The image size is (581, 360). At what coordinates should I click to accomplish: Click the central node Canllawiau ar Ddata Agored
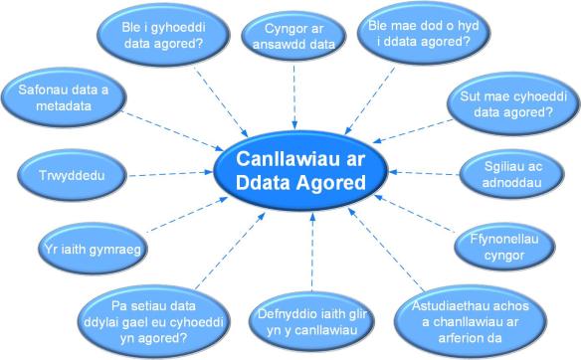(301, 170)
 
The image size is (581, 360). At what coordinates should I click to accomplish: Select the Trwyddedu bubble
(71, 176)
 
